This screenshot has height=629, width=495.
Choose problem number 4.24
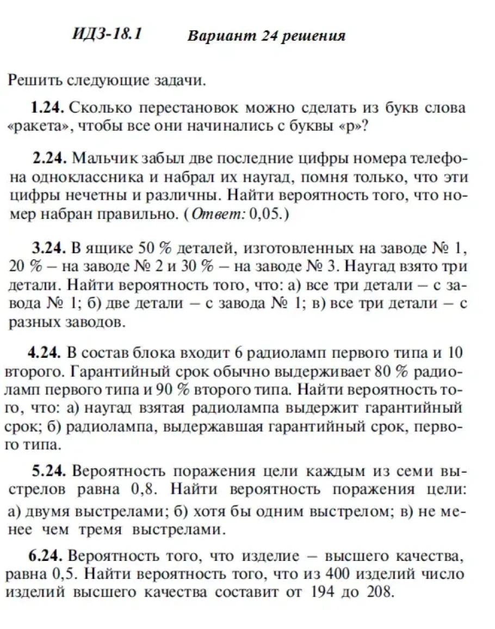[x=44, y=353]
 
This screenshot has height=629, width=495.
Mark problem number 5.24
[x=49, y=471]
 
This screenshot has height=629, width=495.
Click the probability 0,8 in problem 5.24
[x=144, y=489]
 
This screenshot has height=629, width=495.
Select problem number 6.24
[x=46, y=556]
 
